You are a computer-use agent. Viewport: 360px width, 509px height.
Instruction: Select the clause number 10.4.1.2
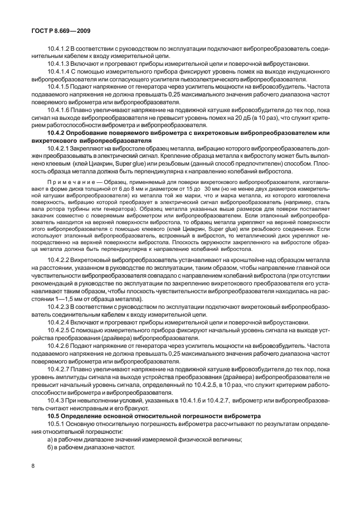pos(60,49)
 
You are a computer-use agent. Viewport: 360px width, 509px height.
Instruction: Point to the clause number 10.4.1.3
pos(60,64)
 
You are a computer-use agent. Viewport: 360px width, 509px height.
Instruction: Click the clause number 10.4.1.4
pos(60,72)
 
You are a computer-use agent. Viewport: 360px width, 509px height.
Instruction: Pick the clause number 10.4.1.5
pos(60,87)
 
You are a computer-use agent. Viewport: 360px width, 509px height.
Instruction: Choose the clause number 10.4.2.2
pos(60,260)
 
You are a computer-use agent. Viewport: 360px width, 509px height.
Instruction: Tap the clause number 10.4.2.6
pos(60,346)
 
